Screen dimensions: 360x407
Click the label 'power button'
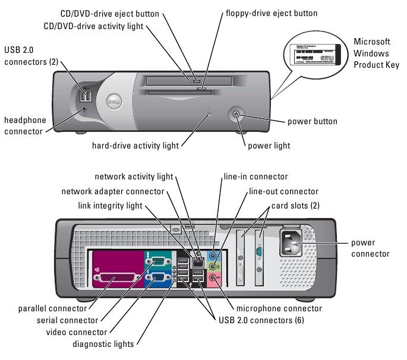coord(312,122)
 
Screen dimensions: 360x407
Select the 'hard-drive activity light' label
coord(135,145)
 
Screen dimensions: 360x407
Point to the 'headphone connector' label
coord(25,125)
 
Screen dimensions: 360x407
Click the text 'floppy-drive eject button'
coord(272,12)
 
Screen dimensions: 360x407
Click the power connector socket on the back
coord(292,242)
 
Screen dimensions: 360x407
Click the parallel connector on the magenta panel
coord(119,278)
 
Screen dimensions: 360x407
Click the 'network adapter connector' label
coord(113,191)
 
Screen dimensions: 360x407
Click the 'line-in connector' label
coord(255,176)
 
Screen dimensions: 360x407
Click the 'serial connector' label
coord(71,321)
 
